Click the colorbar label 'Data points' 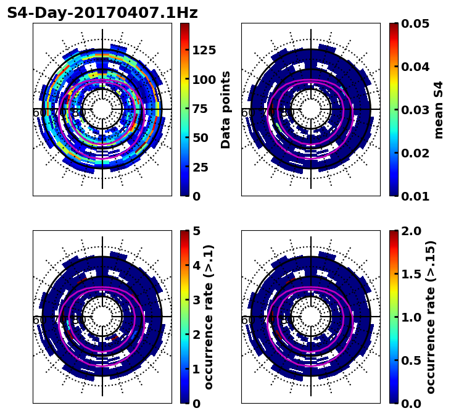tap(226, 109)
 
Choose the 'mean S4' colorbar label tap(439, 109)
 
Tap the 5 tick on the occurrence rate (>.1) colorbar tap(196, 231)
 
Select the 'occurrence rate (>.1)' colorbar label tap(209, 317)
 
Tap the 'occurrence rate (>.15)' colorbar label tap(431, 317)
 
